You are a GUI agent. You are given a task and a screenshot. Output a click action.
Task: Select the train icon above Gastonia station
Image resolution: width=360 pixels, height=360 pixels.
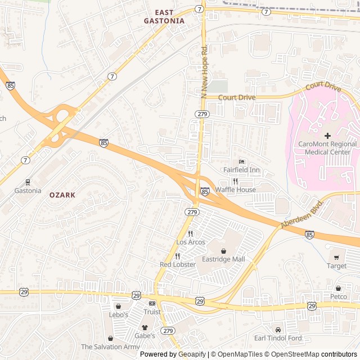click(27, 182)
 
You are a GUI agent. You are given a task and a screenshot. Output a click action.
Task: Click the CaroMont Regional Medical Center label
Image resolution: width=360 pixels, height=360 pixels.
click(327, 148)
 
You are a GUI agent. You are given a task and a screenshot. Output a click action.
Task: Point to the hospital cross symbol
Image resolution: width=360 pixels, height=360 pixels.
click(327, 136)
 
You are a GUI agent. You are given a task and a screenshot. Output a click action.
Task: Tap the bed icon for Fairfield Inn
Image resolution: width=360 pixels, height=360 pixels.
click(241, 161)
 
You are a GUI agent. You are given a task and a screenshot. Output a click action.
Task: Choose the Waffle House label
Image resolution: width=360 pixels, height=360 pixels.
click(236, 190)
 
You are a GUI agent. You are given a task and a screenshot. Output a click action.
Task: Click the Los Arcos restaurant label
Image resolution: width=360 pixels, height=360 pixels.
click(191, 242)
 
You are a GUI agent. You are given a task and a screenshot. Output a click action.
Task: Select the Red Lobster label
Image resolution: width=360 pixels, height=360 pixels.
click(178, 264)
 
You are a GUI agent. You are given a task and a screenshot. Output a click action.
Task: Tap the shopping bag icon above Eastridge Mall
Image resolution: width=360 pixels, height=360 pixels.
click(224, 250)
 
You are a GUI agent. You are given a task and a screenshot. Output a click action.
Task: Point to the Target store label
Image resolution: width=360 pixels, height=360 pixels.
click(337, 265)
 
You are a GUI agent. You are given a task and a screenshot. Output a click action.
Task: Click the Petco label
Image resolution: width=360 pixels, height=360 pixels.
click(339, 296)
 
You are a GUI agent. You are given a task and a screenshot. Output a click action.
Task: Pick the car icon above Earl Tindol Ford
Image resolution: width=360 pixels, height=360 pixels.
click(278, 330)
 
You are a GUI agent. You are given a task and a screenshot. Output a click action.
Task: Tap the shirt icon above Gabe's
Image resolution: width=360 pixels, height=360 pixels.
click(145, 327)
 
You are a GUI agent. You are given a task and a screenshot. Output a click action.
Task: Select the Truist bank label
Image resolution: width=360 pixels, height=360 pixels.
click(152, 312)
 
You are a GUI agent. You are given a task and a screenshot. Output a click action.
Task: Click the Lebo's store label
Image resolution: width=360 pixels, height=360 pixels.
click(119, 314)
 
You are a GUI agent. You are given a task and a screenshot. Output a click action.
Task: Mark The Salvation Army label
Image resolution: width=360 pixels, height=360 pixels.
click(110, 347)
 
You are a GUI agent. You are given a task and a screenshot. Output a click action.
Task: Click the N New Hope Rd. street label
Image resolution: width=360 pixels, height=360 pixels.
click(204, 70)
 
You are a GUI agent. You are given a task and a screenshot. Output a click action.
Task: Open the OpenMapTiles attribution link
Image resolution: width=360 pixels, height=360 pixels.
click(240, 354)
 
